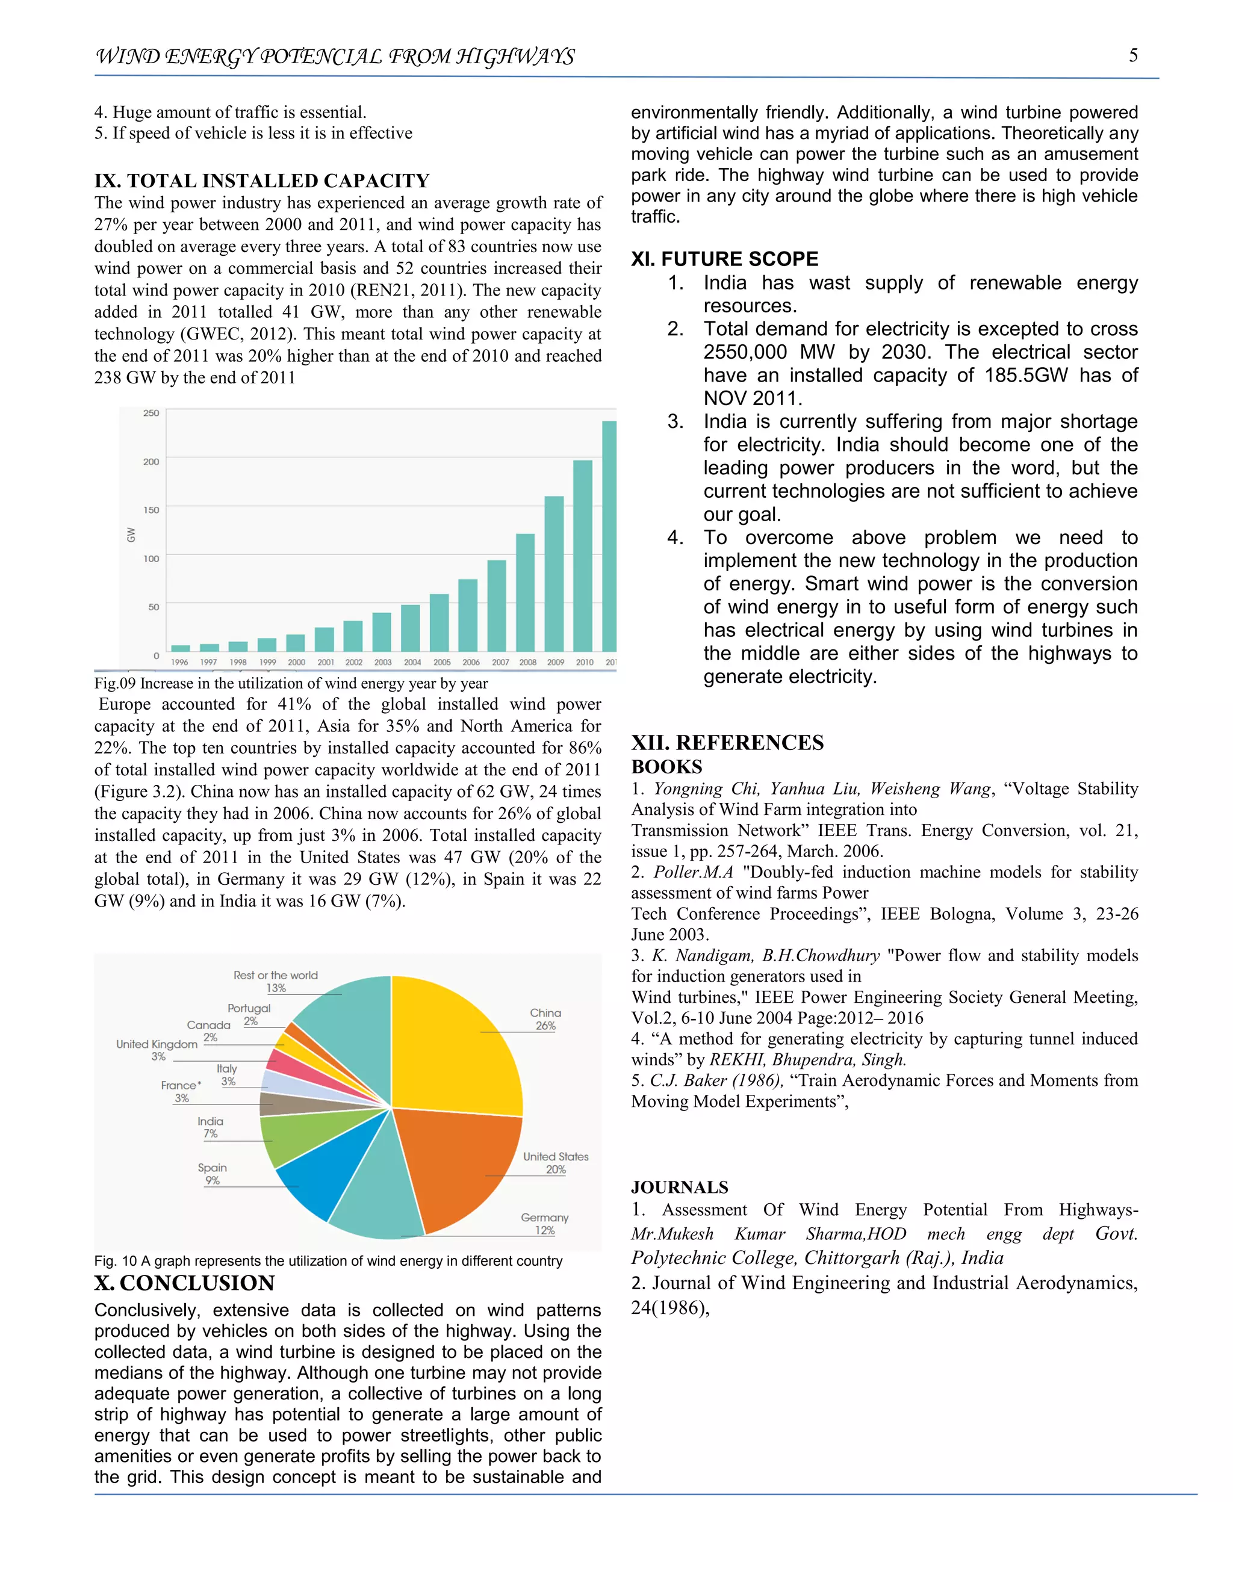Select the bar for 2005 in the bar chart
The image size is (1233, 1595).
(x=439, y=622)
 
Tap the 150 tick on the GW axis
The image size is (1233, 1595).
(x=151, y=510)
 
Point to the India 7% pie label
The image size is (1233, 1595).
(x=210, y=1127)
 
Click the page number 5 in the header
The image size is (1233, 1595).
(x=1133, y=55)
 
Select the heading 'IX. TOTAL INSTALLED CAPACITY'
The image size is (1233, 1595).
(x=261, y=181)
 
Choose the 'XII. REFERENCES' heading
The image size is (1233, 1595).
(x=727, y=742)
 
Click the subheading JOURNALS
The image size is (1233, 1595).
(x=679, y=1187)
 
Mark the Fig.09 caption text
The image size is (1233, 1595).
(x=291, y=684)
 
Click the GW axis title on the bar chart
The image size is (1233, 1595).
(x=131, y=534)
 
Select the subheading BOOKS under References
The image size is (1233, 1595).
(x=666, y=767)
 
